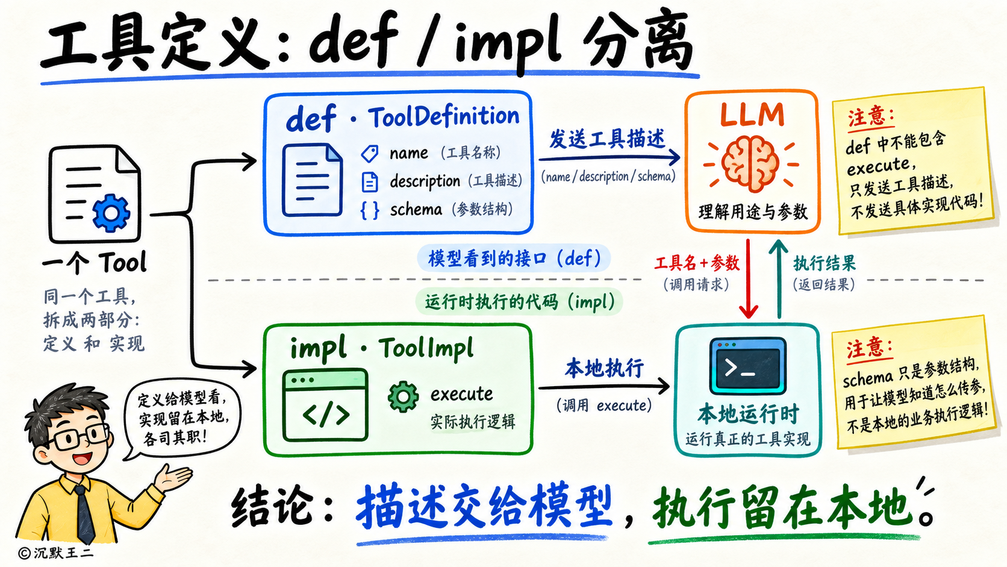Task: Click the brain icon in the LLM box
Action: (x=750, y=164)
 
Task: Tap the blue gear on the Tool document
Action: (x=111, y=213)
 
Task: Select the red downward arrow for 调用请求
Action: (x=748, y=279)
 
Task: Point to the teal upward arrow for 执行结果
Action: (x=779, y=279)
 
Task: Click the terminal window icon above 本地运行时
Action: (x=747, y=366)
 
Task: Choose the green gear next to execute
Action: (x=403, y=396)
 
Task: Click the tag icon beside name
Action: (x=370, y=154)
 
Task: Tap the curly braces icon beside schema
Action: (x=370, y=210)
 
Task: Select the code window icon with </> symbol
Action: (x=325, y=405)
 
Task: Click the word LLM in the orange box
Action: (x=752, y=114)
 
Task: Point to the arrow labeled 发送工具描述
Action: (x=609, y=158)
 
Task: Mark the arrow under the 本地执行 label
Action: (x=603, y=387)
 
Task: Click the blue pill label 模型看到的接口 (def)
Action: (x=514, y=258)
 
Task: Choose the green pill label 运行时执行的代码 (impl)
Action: (x=519, y=301)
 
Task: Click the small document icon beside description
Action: (x=370, y=182)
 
